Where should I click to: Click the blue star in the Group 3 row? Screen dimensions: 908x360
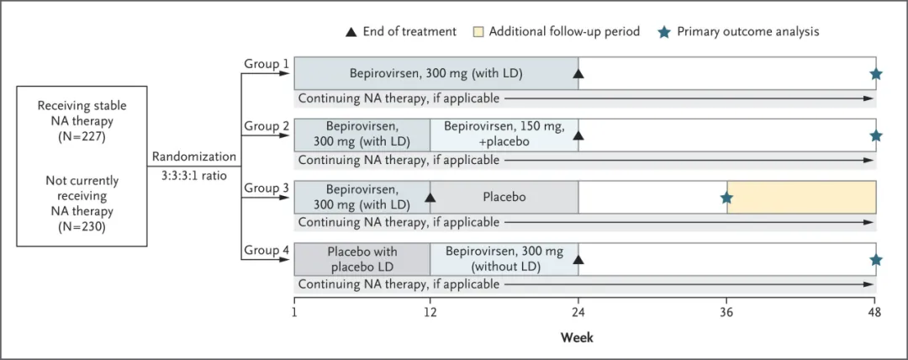[726, 198]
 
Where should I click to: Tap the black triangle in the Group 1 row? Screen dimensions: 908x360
[578, 74]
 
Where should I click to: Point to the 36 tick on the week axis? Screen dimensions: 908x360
[727, 301]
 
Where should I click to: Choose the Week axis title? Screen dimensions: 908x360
[577, 336]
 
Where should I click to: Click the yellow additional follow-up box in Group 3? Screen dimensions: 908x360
[801, 197]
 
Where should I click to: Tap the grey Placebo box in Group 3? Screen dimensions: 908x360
[504, 197]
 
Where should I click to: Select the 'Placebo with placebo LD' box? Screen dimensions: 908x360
[362, 259]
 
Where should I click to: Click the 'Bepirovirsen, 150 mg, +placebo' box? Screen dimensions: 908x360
[504, 135]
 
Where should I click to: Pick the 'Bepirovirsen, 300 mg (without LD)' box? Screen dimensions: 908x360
[504, 259]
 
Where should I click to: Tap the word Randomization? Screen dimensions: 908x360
[194, 156]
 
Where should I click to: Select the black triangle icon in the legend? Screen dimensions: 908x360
[351, 32]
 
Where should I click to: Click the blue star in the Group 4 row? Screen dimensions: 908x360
[875, 260]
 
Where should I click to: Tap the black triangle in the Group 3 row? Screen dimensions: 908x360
[430, 198]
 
